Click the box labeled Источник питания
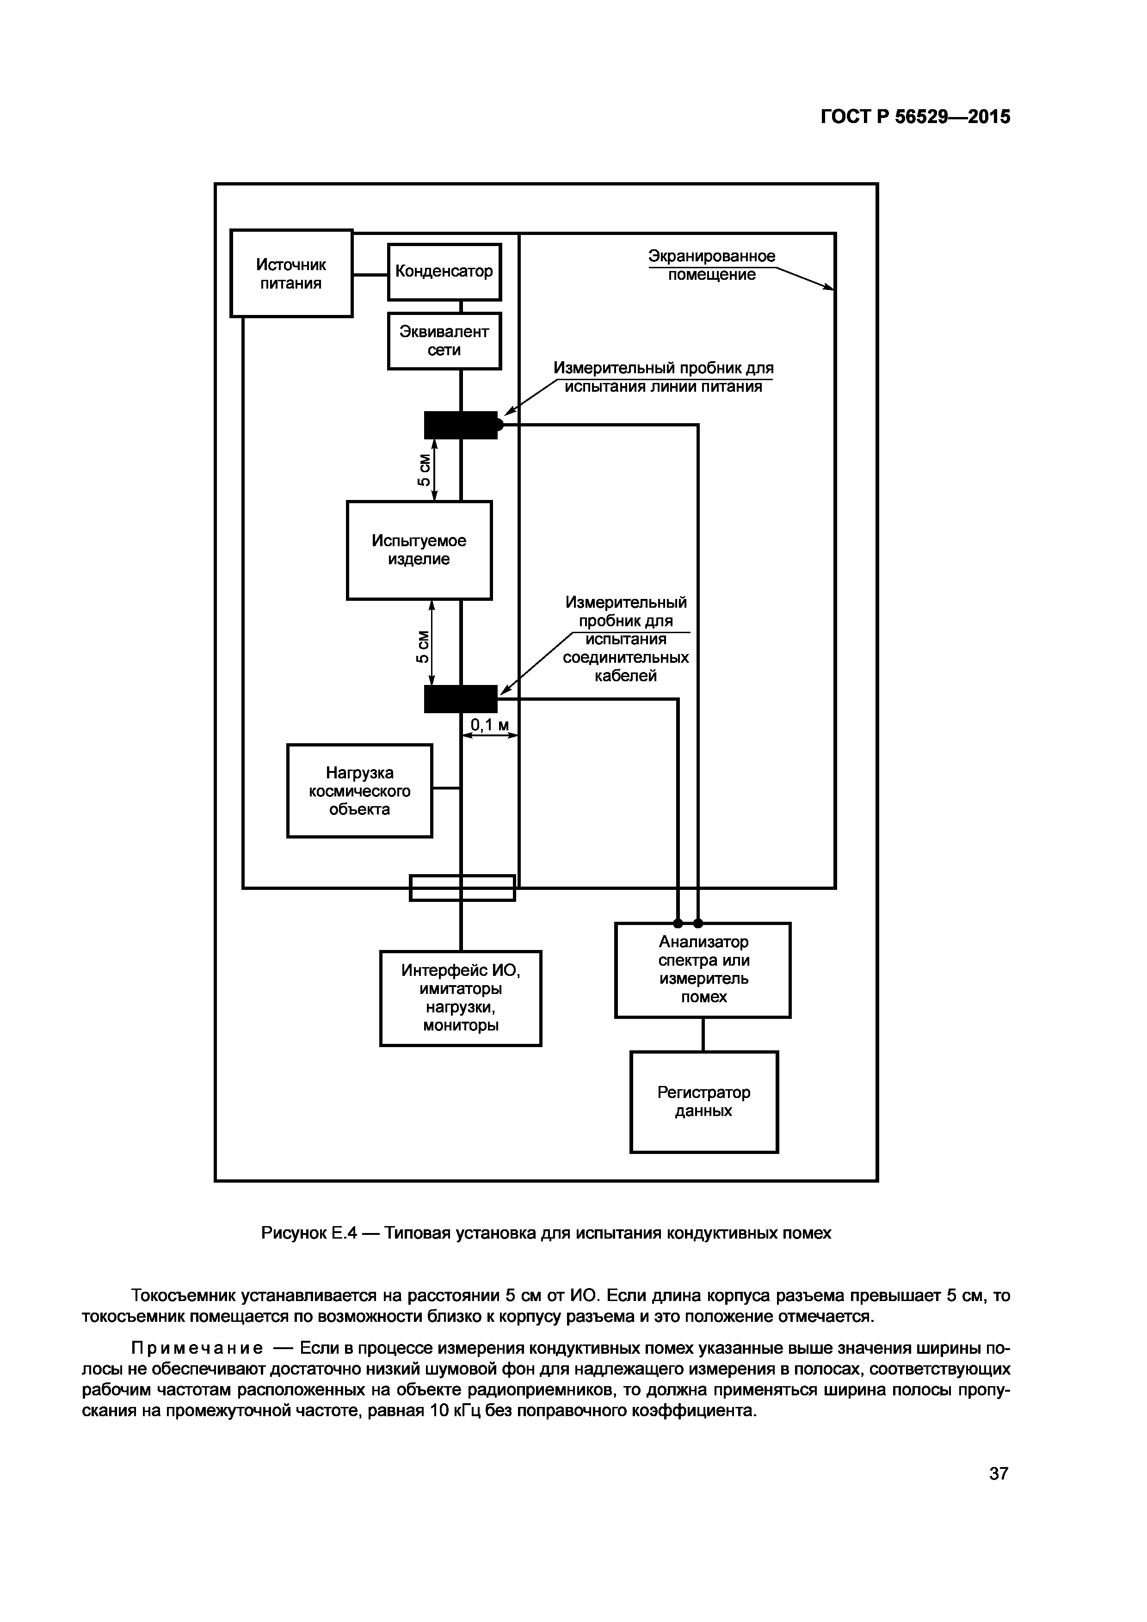[291, 273]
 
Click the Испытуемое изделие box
[419, 549]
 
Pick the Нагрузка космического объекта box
[359, 790]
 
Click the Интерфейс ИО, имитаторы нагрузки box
[461, 998]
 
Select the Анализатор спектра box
[703, 969]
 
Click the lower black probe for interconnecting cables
[460, 699]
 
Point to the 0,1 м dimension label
[489, 725]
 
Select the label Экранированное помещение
[711, 265]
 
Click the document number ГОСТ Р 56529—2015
[915, 117]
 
